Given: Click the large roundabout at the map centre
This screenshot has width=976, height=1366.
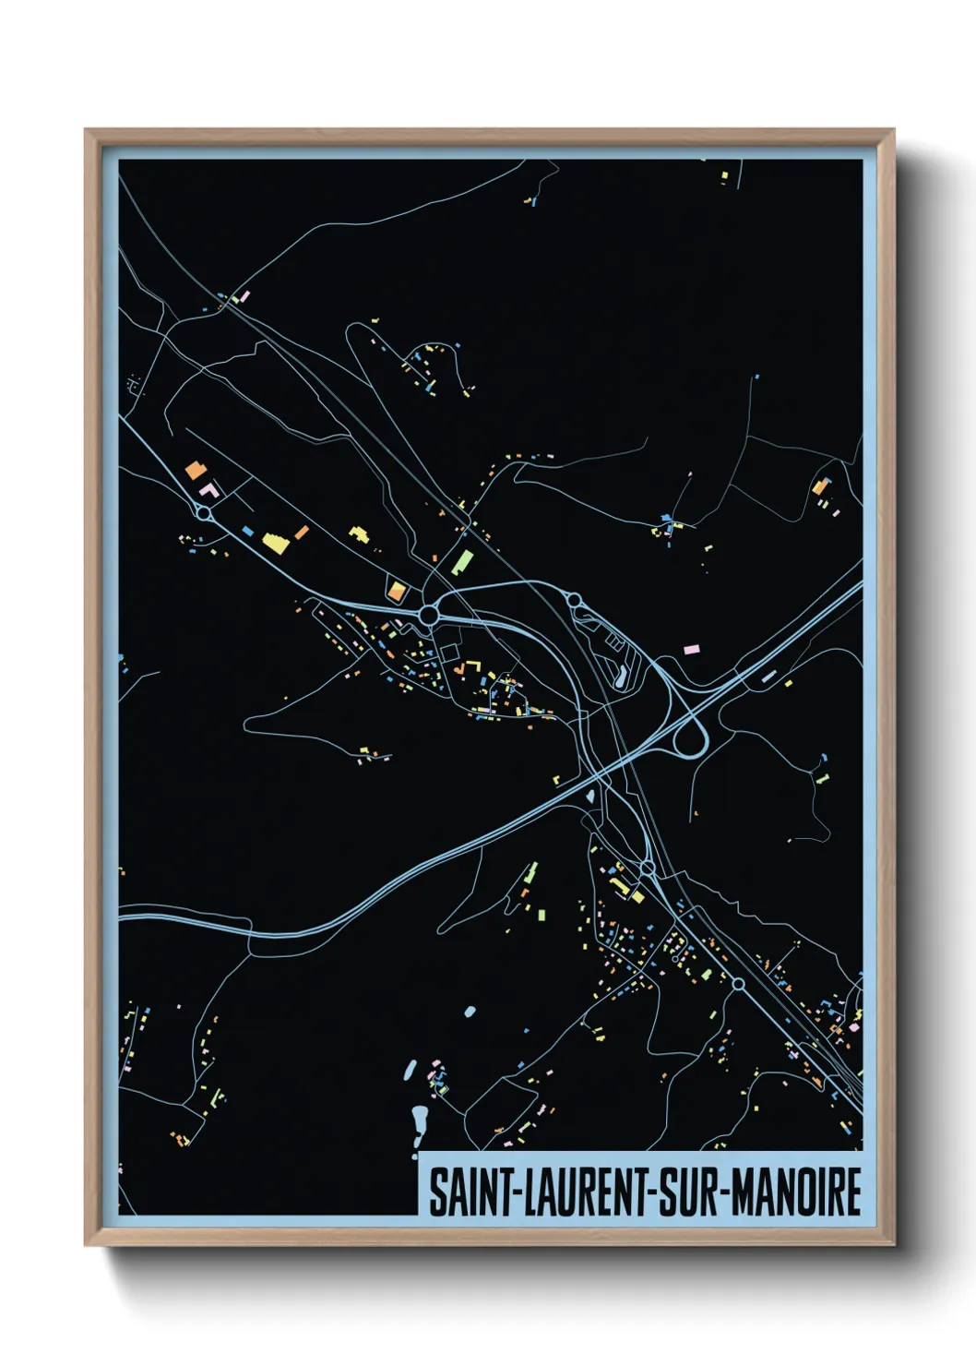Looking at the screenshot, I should pos(428,614).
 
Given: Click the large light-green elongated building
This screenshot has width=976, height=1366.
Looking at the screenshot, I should pos(462,561).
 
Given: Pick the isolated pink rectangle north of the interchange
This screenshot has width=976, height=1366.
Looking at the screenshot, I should pos(691,650).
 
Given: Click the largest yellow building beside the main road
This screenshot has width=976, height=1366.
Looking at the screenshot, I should pos(275,542).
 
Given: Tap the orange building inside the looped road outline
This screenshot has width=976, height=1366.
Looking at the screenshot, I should pos(396,591).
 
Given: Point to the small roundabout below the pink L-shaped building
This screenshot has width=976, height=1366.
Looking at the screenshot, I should pos(205,512).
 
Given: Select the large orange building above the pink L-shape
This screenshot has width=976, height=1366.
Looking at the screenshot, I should pos(195,470).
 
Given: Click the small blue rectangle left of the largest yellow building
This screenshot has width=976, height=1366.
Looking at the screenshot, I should pos(247,531).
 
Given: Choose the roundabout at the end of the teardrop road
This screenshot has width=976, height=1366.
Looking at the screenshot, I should pos(574,601).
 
